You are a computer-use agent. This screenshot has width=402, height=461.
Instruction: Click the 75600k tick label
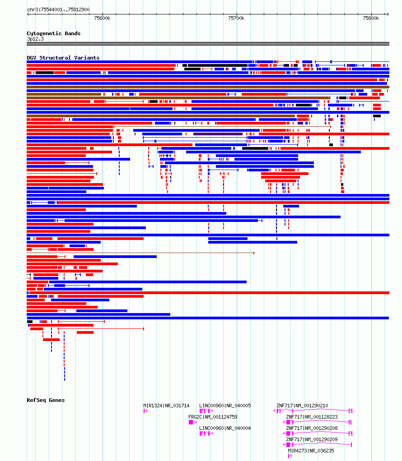tap(102, 18)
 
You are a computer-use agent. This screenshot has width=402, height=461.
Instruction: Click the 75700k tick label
tap(236, 18)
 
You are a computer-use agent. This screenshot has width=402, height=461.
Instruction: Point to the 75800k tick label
tap(371, 18)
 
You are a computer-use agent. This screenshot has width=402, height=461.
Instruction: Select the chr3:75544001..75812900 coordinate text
tap(58, 9)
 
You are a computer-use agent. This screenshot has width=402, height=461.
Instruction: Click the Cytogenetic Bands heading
tap(54, 33)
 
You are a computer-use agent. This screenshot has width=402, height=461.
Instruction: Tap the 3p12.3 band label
tap(35, 39)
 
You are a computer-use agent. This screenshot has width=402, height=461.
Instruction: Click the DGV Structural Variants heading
tap(63, 58)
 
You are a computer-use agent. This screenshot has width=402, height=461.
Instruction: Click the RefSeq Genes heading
tap(46, 400)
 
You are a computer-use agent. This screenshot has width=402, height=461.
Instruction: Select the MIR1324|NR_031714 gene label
tap(166, 406)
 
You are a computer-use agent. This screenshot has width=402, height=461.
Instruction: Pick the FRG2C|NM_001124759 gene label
tap(213, 417)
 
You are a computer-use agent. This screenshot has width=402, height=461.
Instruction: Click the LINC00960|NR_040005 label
tap(225, 406)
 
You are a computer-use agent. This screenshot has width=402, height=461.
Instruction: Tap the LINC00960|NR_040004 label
tap(225, 428)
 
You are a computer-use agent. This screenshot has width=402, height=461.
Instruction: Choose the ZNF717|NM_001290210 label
tap(302, 406)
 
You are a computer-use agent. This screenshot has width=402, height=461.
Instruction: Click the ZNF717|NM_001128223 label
tap(312, 417)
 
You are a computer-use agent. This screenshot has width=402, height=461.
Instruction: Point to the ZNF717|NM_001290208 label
tap(312, 428)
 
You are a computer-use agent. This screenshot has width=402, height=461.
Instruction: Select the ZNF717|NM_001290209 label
tap(312, 439)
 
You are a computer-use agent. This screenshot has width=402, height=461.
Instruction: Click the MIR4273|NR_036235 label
tap(311, 451)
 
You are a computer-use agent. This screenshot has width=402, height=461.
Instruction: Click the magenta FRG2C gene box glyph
tap(191, 422)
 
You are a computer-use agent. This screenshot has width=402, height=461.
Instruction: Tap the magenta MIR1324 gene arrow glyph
tap(145, 411)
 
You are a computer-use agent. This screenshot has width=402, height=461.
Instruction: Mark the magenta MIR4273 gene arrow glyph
tap(290, 456)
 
